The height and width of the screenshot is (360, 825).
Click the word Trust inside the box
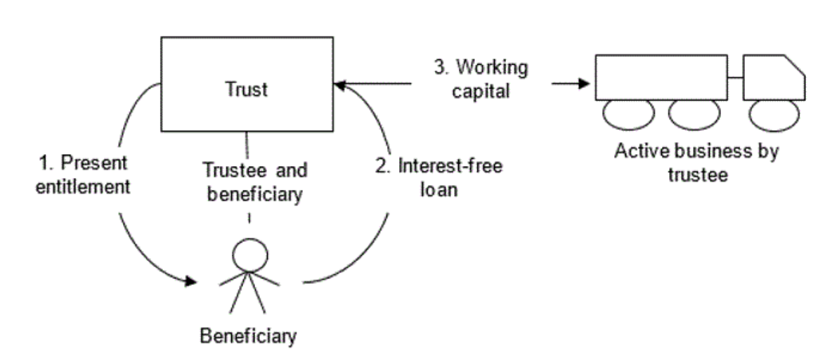click(x=247, y=89)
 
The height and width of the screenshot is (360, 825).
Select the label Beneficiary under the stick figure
click(x=248, y=336)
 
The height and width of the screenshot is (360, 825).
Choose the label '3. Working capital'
click(x=479, y=80)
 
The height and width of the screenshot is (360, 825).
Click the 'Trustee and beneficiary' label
click(x=254, y=182)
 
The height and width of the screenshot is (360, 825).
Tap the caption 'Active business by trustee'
click(x=696, y=163)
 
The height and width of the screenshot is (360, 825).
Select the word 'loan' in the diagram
click(x=439, y=191)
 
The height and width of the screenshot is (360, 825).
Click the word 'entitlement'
click(x=83, y=187)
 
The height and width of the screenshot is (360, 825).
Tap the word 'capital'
click(x=479, y=91)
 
